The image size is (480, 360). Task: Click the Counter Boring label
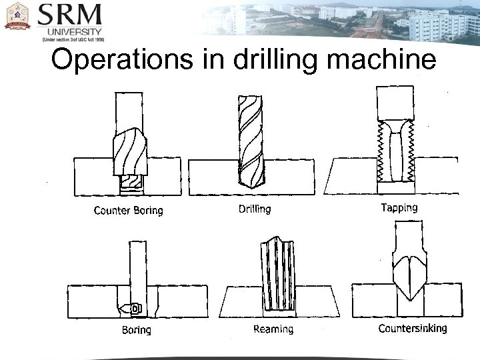128,211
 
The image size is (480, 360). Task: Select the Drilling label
255,209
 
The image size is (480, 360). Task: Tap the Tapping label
399,207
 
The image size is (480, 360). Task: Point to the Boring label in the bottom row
136,329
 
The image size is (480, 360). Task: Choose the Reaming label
273,329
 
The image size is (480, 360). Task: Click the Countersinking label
412,328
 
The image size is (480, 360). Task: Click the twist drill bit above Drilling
249,140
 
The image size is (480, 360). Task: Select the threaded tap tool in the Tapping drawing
397,152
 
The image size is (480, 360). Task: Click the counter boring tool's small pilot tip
129,183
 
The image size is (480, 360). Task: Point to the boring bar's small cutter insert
135,308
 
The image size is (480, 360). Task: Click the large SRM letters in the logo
70,15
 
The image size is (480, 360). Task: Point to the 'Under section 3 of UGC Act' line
73,39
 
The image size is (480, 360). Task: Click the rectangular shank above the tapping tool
396,104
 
